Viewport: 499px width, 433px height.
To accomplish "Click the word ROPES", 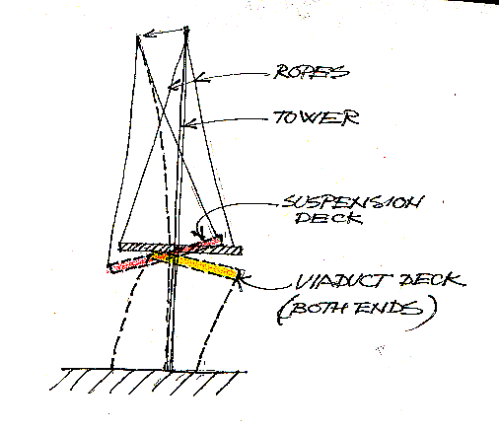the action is tap(312, 72).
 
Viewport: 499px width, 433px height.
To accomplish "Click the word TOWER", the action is tap(317, 117).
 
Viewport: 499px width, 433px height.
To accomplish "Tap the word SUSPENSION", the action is tap(353, 202).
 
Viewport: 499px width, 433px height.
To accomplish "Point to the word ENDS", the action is tap(389, 309).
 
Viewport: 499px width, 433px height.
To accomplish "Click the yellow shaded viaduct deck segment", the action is tap(196, 265).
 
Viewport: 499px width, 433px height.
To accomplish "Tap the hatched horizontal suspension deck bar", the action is tap(180, 249).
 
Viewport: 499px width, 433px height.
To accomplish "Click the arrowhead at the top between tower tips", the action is tap(150, 34).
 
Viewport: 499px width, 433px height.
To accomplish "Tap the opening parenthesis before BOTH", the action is tap(279, 313).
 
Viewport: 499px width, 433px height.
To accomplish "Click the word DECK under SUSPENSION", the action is tap(328, 218).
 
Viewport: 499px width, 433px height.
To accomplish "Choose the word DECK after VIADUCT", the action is tap(433, 280).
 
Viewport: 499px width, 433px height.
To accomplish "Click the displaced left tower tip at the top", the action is tap(138, 36).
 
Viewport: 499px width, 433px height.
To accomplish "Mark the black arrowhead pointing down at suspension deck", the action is tap(199, 234).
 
